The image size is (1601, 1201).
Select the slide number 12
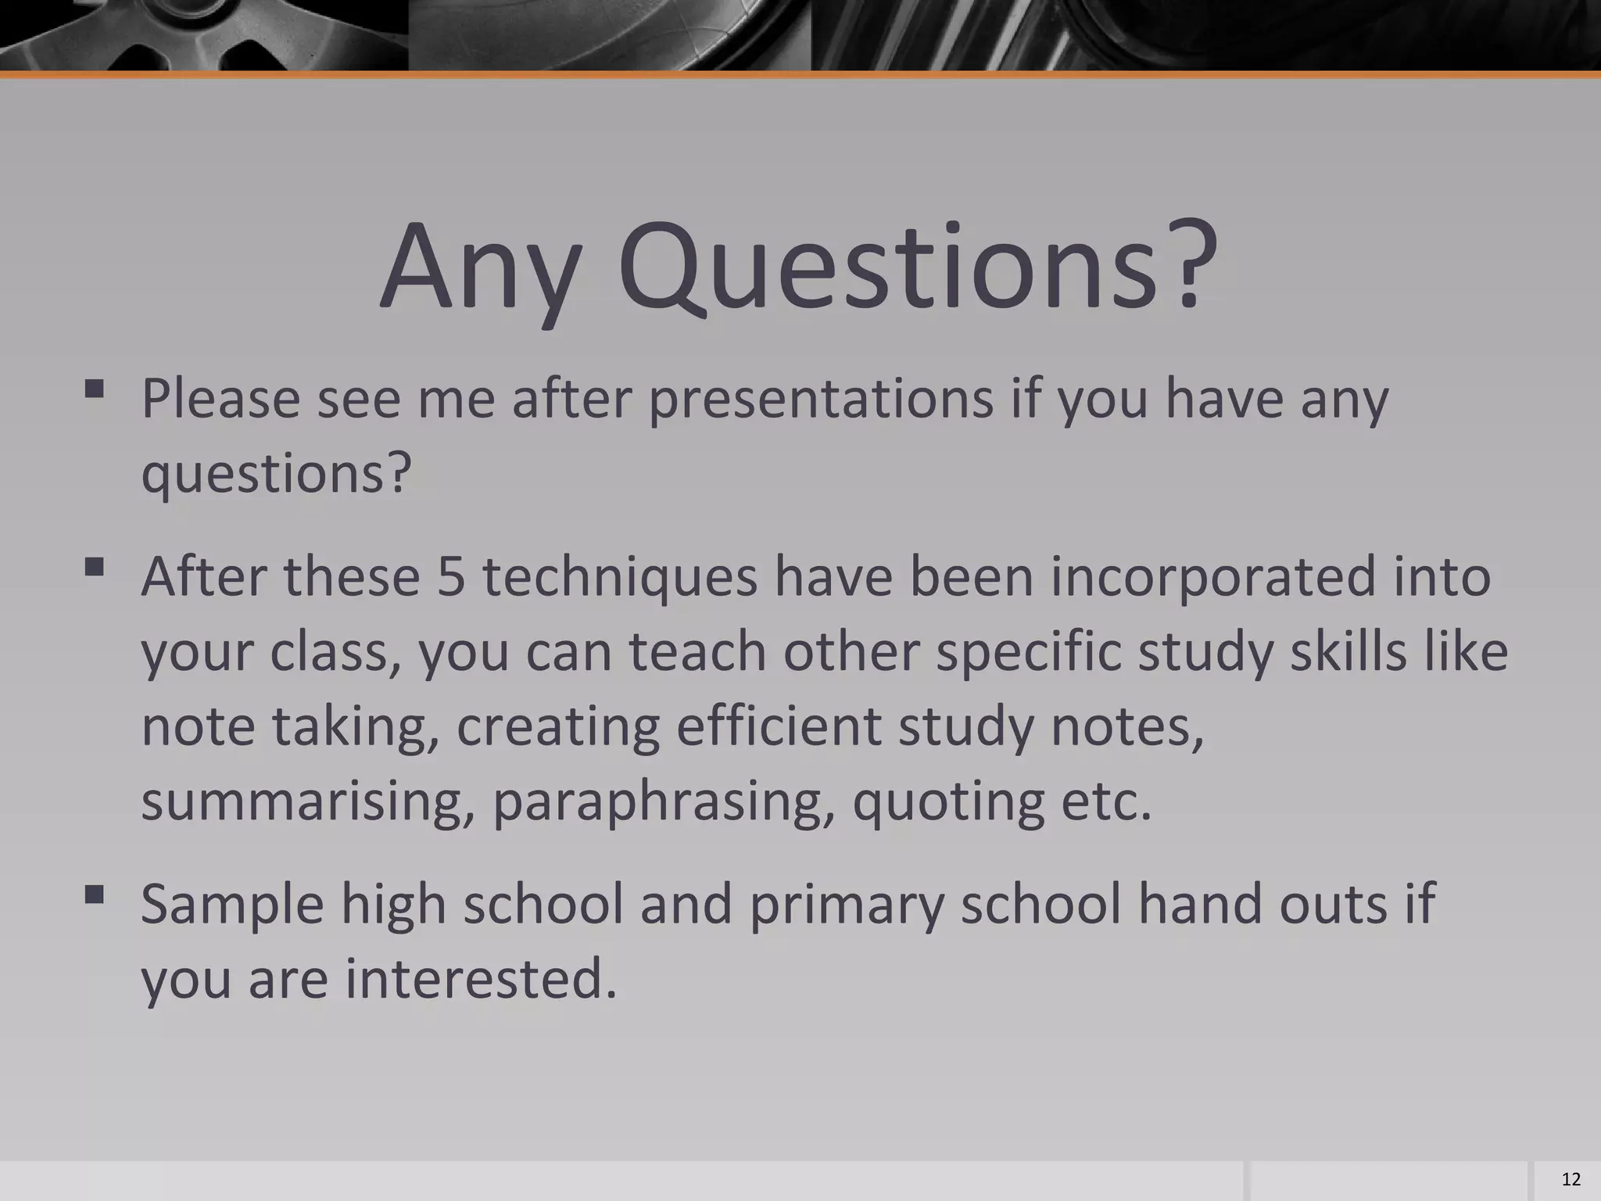[x=1571, y=1179]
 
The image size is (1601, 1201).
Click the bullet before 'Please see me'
[x=95, y=389]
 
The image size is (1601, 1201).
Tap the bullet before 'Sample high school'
[x=95, y=894]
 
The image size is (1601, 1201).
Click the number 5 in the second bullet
[x=451, y=576]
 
